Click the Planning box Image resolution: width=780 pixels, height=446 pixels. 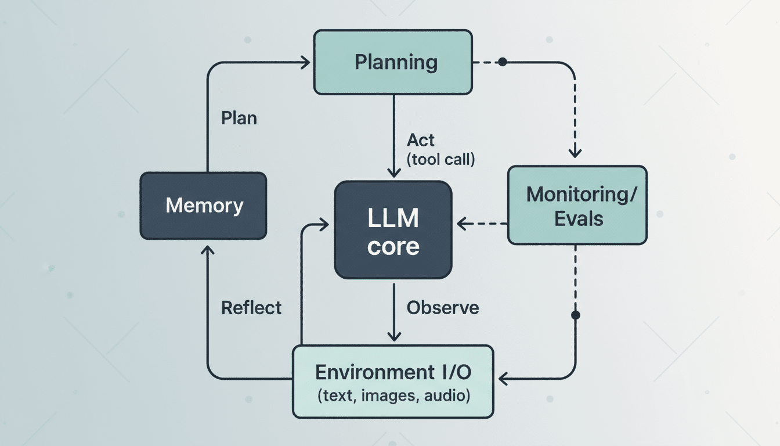[393, 62]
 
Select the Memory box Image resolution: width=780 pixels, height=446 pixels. [203, 206]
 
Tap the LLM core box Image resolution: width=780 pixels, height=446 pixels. [393, 229]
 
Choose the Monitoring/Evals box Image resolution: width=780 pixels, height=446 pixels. [577, 205]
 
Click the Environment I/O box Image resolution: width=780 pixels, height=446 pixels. [393, 382]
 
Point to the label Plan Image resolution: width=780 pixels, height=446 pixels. [239, 118]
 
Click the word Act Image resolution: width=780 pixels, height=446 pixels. [421, 140]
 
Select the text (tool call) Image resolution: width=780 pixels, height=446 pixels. [441, 159]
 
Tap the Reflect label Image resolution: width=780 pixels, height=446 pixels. [251, 307]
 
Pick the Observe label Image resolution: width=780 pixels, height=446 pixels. [443, 307]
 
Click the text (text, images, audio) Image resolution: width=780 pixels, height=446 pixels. [393, 396]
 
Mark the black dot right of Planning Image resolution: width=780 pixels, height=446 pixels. [503, 62]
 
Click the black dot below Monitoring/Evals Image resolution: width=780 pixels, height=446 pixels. [575, 315]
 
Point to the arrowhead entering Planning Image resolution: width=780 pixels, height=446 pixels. [306, 62]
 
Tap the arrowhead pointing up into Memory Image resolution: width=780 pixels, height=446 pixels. [207, 248]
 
